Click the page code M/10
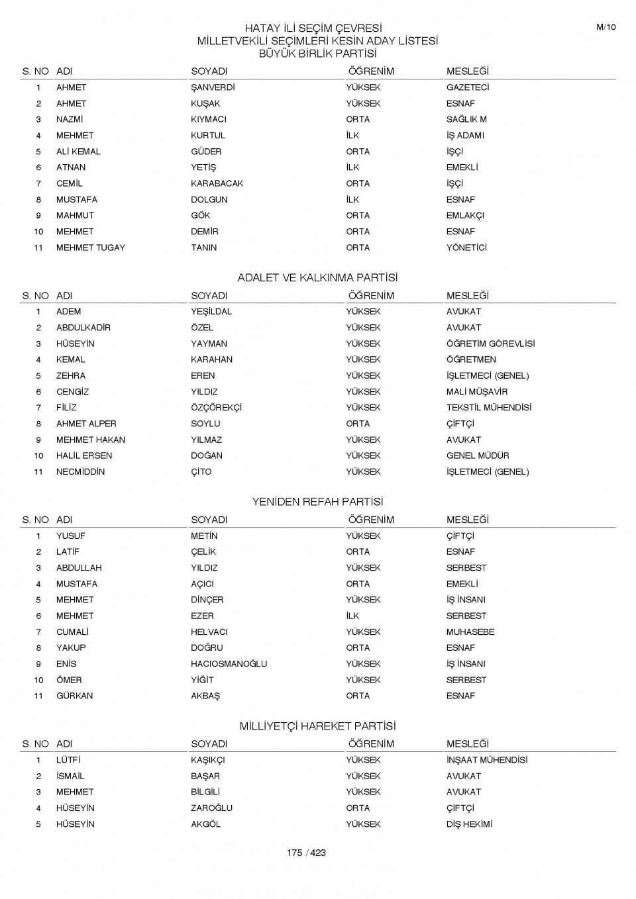pos(606,27)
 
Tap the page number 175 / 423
pos(306,853)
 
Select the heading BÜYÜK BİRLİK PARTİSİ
pos(317,54)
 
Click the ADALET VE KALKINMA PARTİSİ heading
pos(317,278)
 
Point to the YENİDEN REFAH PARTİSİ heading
pos(317,502)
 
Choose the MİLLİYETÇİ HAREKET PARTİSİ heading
pos(317,726)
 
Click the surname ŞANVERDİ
pos(213,87)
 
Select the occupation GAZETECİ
pos(468,87)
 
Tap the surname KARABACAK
pos(217,183)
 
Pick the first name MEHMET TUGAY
pos(90,248)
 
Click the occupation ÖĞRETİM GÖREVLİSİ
pos(490,344)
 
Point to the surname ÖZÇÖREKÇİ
pos(216,408)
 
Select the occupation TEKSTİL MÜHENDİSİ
pos(488,408)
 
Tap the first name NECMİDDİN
pos(80,472)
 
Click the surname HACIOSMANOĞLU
pos(229,664)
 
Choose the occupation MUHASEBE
pos(470,632)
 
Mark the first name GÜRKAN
pos(74,696)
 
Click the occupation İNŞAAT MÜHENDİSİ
pos(486,760)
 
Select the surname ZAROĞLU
pos(211,808)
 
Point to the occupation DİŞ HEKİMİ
pos(469,824)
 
